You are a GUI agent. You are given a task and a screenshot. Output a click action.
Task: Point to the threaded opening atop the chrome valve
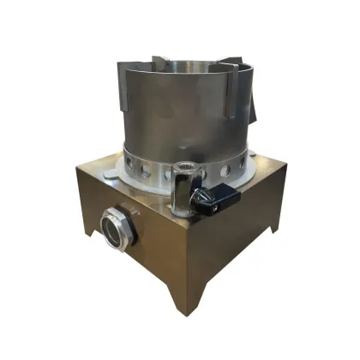(184, 166)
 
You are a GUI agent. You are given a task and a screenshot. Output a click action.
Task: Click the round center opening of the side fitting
(112, 229)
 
